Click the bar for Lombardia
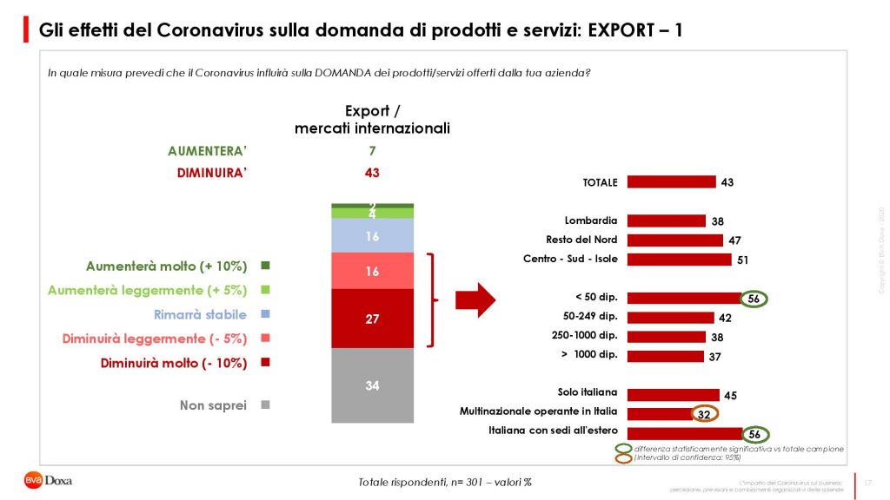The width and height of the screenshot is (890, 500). [x=666, y=220]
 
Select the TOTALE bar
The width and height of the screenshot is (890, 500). [x=671, y=182]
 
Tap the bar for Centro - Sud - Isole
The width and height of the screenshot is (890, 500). [x=679, y=259]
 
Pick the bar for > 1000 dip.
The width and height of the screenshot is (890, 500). [x=665, y=356]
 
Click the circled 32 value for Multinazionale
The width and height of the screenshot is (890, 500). [x=705, y=413]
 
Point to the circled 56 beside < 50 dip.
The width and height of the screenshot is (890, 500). [x=754, y=299]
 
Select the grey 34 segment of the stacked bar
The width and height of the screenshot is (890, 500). [x=372, y=385]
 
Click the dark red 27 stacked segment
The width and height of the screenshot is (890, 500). [x=372, y=319]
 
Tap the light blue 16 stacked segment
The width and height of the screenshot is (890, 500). [x=372, y=236]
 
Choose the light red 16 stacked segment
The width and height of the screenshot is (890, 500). [x=372, y=272]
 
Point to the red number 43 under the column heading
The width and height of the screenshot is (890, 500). [x=372, y=173]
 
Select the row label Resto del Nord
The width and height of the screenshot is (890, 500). [x=581, y=240]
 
